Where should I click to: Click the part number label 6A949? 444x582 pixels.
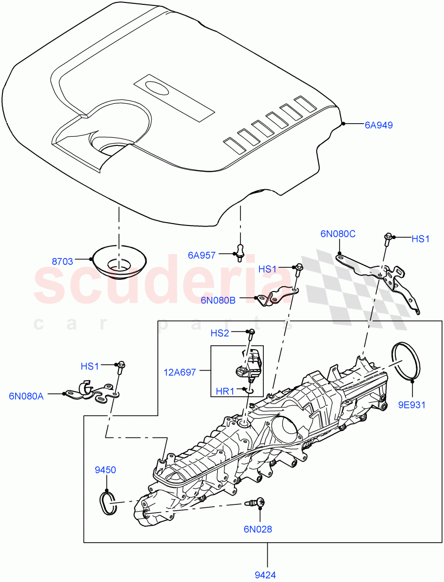click(378, 125)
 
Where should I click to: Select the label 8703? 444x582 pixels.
click(62, 261)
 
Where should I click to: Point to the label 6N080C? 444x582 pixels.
click(338, 234)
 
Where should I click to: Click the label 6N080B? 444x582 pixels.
click(218, 300)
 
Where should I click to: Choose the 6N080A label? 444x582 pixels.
click(26, 396)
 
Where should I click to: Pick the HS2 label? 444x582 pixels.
click(220, 333)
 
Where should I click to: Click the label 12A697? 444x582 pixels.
click(180, 372)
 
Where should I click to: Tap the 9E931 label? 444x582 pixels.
click(412, 404)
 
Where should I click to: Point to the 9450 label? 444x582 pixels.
click(105, 470)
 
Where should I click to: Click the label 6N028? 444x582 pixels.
click(258, 529)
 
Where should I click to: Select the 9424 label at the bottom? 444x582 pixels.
click(266, 575)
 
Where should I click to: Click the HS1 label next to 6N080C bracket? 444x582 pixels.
click(420, 239)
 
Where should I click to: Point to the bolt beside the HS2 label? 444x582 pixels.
click(251, 333)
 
